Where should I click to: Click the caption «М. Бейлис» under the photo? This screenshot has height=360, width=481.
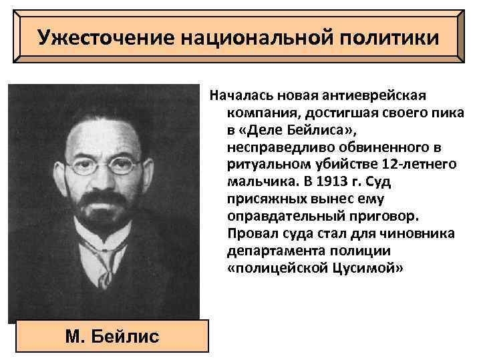point(113,335)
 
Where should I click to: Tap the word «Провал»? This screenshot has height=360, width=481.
point(250,233)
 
